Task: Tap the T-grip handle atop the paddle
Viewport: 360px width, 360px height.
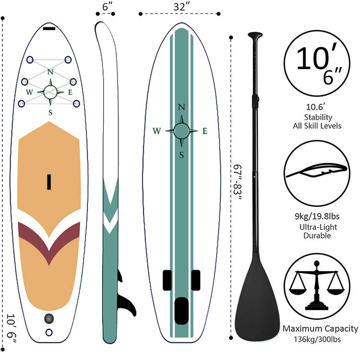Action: tap(255, 36)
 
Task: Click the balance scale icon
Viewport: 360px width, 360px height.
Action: tap(316, 287)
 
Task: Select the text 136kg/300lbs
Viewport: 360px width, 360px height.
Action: tap(319, 339)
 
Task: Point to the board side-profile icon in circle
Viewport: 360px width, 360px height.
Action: tap(316, 169)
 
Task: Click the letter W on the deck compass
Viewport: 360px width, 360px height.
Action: tap(29, 92)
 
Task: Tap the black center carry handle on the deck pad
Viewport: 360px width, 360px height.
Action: tap(49, 181)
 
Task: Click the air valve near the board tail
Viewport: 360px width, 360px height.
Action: tap(48, 318)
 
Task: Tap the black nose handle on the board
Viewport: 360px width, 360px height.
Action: tap(49, 29)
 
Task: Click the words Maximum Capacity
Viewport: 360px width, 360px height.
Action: tap(320, 329)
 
